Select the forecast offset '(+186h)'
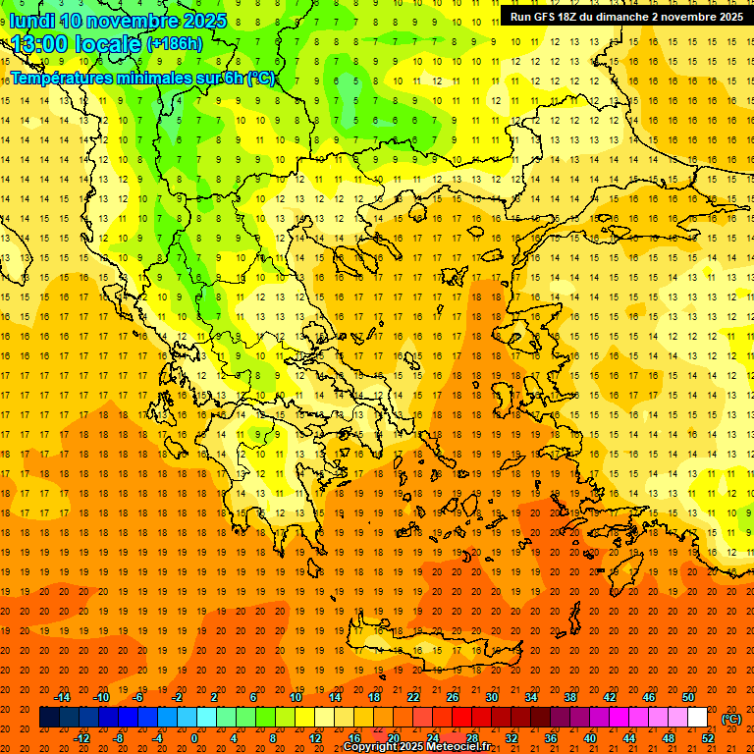click(174, 44)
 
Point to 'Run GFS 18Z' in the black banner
click(545, 17)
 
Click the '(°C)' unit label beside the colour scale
click(731, 719)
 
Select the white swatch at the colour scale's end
click(697, 718)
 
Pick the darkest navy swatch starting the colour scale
click(49, 718)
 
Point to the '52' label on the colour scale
click(708, 738)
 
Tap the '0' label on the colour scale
click(194, 738)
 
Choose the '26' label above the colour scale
click(453, 697)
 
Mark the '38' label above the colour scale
click(570, 697)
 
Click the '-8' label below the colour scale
click(120, 738)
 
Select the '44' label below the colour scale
click(629, 738)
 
